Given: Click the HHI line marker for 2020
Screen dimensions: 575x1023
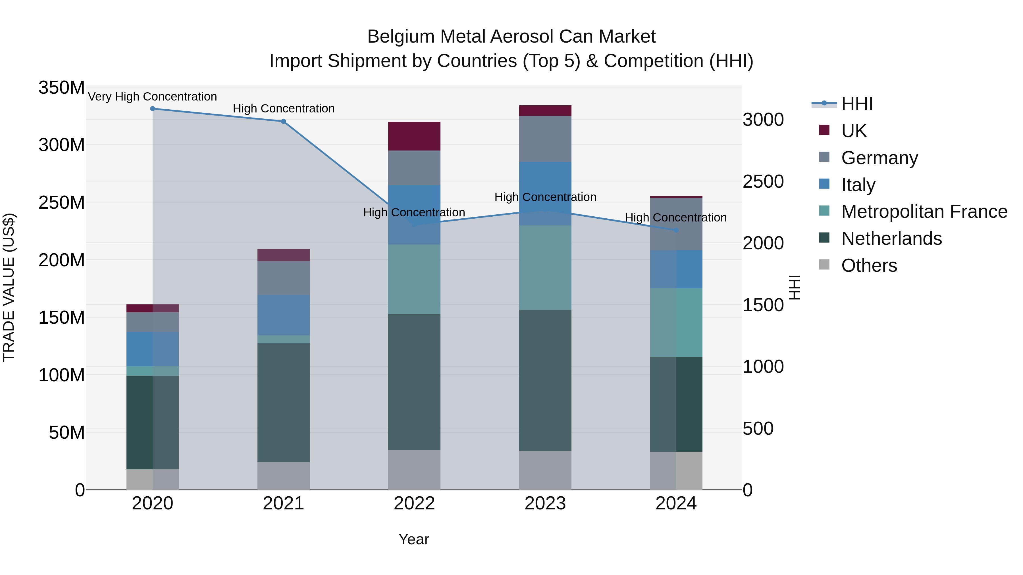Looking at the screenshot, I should click(x=153, y=109).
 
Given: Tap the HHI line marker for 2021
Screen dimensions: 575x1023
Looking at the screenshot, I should click(x=284, y=122).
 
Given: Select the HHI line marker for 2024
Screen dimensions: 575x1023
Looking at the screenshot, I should click(x=676, y=230).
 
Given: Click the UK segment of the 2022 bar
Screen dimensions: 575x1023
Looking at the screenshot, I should click(x=414, y=136).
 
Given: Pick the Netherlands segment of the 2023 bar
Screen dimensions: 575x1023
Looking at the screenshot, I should click(x=545, y=380).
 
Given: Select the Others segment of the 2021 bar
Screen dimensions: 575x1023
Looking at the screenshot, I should click(x=284, y=476).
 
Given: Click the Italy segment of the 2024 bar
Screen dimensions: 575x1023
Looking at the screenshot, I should click(x=676, y=269).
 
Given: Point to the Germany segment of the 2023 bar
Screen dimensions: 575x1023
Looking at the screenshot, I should click(x=545, y=139).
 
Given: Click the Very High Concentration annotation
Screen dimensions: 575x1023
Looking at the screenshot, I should click(x=153, y=97).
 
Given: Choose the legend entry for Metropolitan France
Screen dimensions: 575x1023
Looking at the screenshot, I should click(x=924, y=212).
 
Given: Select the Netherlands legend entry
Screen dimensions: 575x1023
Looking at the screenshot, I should click(x=891, y=239).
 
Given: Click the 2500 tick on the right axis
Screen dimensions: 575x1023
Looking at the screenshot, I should click(x=763, y=181).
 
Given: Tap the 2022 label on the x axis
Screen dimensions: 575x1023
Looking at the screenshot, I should click(x=414, y=503).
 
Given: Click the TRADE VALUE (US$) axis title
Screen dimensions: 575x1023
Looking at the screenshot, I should click(x=9, y=287).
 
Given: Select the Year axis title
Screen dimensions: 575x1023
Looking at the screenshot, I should click(x=414, y=539).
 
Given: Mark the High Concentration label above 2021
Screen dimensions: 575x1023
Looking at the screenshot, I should click(x=284, y=108).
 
